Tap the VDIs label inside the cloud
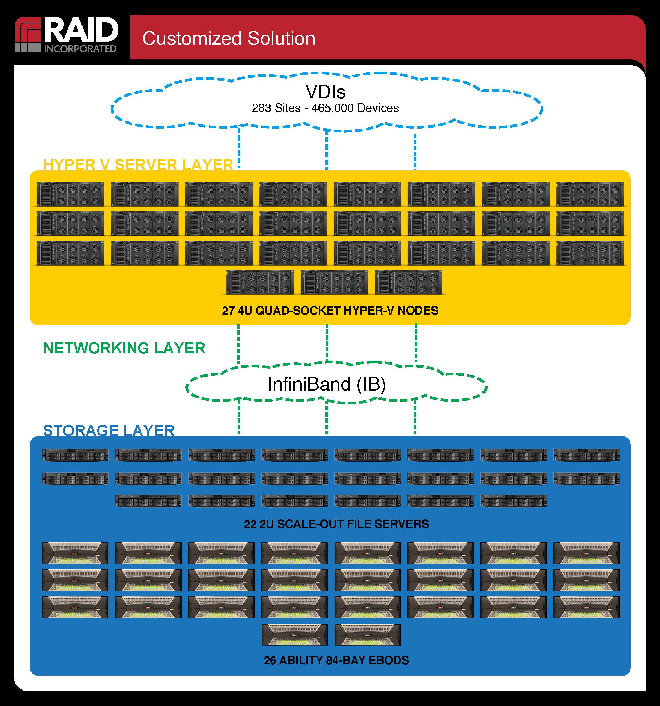pyautogui.click(x=325, y=92)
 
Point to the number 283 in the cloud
pyautogui.click(x=261, y=108)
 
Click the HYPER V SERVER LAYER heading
pyautogui.click(x=138, y=165)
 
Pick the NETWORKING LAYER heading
pyautogui.click(x=124, y=348)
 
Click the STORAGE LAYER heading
pyautogui.click(x=109, y=430)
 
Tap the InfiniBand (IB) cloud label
pyautogui.click(x=326, y=384)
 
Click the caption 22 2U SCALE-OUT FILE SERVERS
pyautogui.click(x=336, y=524)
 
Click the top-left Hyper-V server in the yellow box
pyautogui.click(x=70, y=194)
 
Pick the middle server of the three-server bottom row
pyautogui.click(x=334, y=282)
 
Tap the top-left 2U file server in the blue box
pyautogui.click(x=75, y=455)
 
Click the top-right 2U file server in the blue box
pyautogui.click(x=586, y=455)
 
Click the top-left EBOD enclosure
pyautogui.click(x=75, y=553)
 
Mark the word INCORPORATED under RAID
pyautogui.click(x=80, y=49)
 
